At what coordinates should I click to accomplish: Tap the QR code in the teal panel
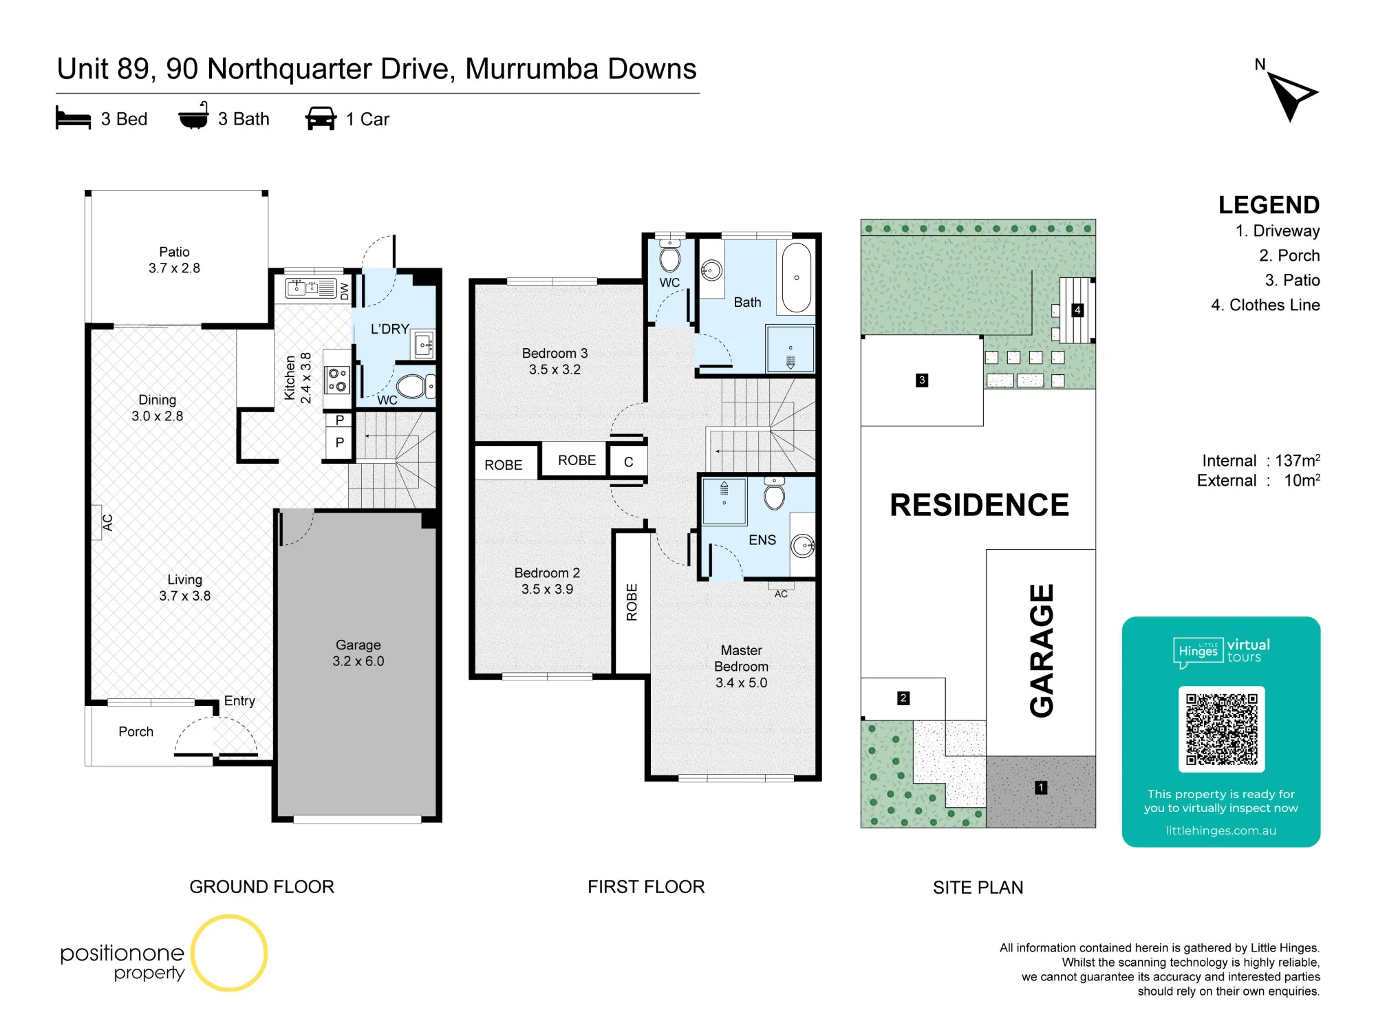coord(1221,729)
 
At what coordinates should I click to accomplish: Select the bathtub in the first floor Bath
coord(797,277)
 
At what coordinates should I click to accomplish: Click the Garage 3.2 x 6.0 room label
coord(358,653)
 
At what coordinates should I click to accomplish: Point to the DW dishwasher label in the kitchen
coord(345,290)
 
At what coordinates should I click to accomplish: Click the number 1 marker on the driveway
coord(1041,787)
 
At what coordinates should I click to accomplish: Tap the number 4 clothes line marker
coord(1077,310)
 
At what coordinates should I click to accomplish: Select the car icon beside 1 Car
coord(321,118)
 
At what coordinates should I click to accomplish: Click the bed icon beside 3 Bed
coord(73,118)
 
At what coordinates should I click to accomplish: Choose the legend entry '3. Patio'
coord(1292,280)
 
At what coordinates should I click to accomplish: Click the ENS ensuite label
coord(762,540)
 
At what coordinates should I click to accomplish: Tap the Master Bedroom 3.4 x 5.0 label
coord(741,666)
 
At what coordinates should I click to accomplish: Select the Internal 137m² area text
coord(1260,460)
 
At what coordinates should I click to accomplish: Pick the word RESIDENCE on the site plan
coord(979,505)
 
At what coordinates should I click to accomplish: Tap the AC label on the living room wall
coord(107,523)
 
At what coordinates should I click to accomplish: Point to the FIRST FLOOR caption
coord(646,887)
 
